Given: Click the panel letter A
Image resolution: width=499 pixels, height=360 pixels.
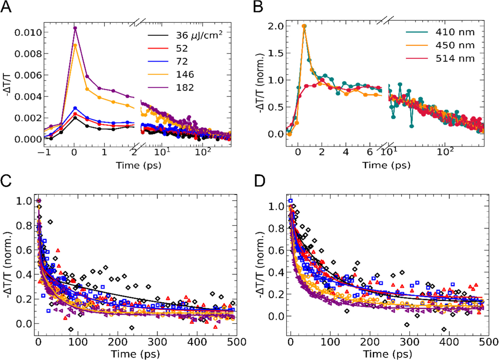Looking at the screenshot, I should pyautogui.click(x=6, y=7).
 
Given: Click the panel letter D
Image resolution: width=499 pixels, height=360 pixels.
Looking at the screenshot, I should pyautogui.click(x=260, y=181).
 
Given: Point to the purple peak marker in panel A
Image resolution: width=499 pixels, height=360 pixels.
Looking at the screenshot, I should pyautogui.click(x=75, y=28).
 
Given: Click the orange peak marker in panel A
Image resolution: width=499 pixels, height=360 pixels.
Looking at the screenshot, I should pyautogui.click(x=75, y=45).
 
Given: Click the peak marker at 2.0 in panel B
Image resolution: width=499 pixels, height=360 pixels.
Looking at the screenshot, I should pyautogui.click(x=304, y=26).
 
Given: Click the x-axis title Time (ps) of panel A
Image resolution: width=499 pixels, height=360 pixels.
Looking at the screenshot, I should pyautogui.click(x=139, y=165).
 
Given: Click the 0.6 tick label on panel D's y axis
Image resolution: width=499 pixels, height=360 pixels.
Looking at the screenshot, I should pyautogui.click(x=275, y=250).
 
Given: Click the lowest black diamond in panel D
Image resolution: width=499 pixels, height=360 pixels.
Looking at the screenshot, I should pyautogui.click(x=444, y=329).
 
